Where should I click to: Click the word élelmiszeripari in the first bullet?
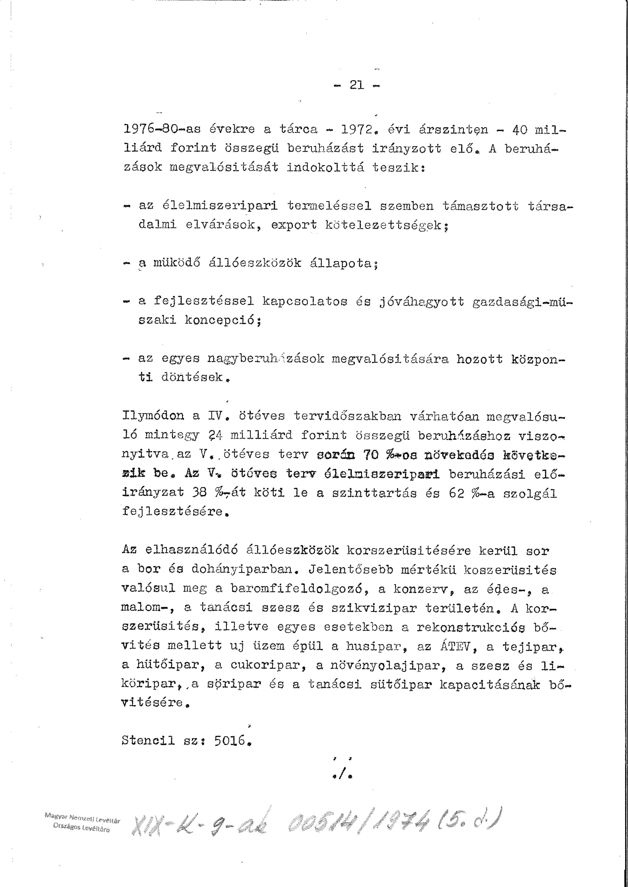click(220, 206)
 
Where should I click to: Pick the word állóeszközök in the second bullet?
click(255, 263)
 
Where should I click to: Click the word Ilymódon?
click(153, 416)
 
